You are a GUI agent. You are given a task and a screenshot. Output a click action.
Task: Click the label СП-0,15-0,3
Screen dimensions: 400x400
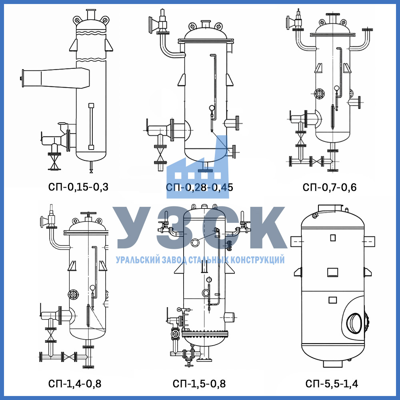coord(78,187)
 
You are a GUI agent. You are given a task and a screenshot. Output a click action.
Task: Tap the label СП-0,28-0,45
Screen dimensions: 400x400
coord(199,187)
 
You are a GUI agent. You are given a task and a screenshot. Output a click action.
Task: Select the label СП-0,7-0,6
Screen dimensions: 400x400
coord(329,187)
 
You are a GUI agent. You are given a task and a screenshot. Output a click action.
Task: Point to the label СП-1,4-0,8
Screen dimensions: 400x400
coord(74,384)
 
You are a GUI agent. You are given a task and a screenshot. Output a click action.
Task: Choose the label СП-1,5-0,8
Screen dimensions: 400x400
coord(199,384)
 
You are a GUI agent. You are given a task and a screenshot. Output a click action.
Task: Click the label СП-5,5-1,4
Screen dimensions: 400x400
coord(332,384)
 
